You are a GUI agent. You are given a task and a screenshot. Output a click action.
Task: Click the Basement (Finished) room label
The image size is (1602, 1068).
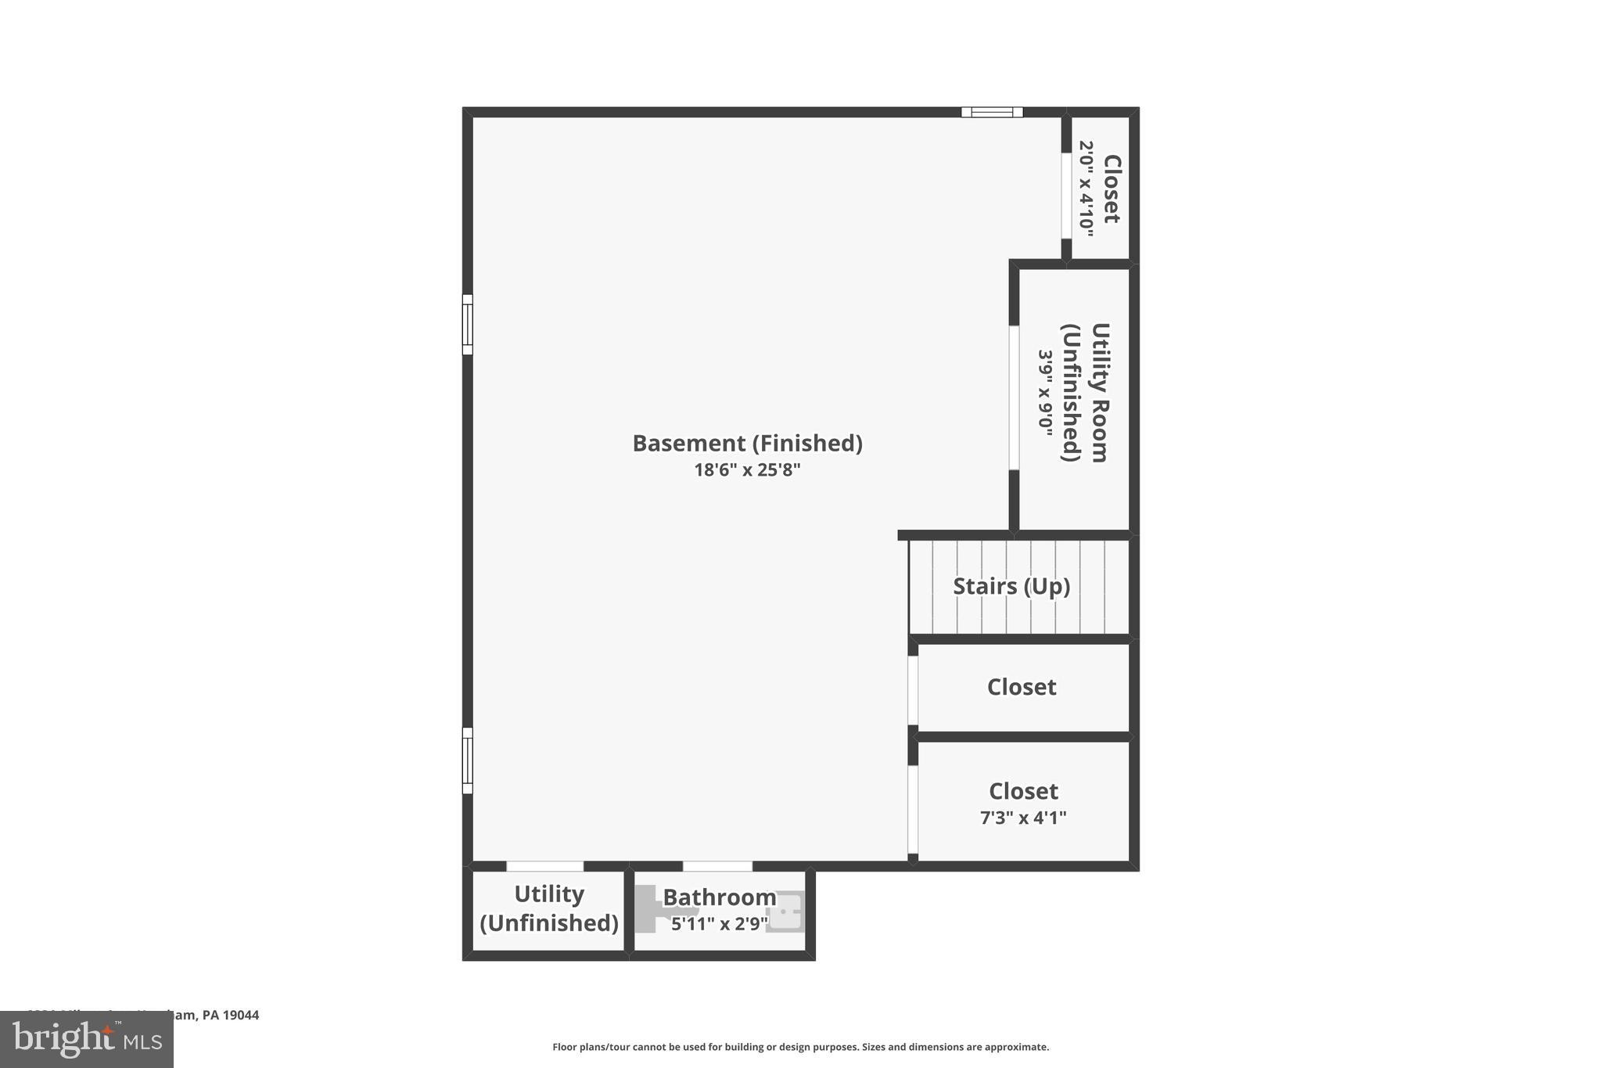pyautogui.click(x=747, y=444)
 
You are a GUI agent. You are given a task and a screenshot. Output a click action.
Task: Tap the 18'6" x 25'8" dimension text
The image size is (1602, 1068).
pyautogui.click(x=747, y=470)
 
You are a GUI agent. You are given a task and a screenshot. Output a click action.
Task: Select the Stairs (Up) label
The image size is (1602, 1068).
pyautogui.click(x=1011, y=586)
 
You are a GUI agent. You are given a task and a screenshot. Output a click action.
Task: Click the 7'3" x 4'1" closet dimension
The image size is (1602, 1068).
pyautogui.click(x=1023, y=818)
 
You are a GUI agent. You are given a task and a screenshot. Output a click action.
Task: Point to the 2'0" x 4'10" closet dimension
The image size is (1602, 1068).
pyautogui.click(x=1087, y=186)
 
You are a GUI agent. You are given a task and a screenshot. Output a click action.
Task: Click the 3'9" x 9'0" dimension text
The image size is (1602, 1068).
pyautogui.click(x=1046, y=393)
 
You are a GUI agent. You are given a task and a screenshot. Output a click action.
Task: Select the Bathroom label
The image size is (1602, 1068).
pyautogui.click(x=719, y=897)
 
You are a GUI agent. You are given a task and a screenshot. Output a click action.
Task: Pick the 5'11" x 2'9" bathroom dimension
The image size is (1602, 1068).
pyautogui.click(x=719, y=924)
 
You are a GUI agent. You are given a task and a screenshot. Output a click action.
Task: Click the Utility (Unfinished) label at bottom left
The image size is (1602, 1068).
pyautogui.click(x=548, y=908)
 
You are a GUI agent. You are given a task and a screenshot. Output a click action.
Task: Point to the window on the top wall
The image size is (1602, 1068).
pyautogui.click(x=992, y=112)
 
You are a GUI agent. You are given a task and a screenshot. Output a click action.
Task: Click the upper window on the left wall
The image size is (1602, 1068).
pyautogui.click(x=468, y=324)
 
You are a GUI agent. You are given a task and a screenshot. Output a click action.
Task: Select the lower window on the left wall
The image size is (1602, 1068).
pyautogui.click(x=468, y=761)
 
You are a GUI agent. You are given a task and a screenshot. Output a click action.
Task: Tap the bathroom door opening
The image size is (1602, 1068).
pyautogui.click(x=717, y=866)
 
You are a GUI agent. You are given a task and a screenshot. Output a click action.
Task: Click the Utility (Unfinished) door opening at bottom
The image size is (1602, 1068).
pyautogui.click(x=544, y=866)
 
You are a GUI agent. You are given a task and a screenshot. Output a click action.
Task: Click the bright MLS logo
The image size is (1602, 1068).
pyautogui.click(x=87, y=1039)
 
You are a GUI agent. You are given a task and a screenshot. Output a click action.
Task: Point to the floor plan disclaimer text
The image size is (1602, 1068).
pyautogui.click(x=800, y=1047)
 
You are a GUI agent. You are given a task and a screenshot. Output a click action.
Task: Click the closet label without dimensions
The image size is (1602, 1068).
pyautogui.click(x=1022, y=687)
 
